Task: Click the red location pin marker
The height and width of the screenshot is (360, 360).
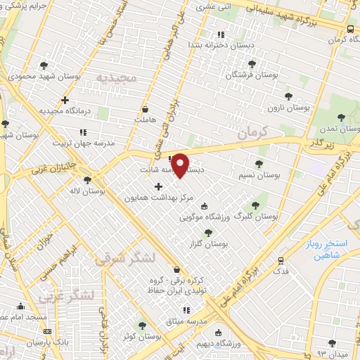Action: click(181, 165)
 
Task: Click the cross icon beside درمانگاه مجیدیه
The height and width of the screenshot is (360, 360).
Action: click(65, 101)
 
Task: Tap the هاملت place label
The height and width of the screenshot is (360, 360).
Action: click(146, 121)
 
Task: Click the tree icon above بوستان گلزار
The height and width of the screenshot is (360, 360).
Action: click(207, 233)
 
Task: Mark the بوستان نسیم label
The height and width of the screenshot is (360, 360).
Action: click(258, 174)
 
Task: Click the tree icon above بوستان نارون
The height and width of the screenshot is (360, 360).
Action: click(288, 97)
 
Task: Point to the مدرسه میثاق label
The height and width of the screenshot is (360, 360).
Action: click(186, 321)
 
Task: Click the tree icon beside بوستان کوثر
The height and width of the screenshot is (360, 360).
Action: click(143, 326)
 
